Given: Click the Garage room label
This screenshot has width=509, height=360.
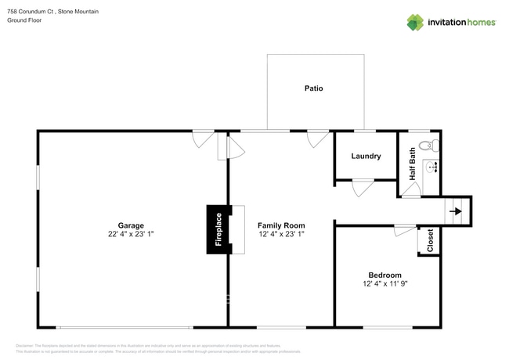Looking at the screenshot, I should [131, 225].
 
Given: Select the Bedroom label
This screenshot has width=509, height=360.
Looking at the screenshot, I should [384, 275].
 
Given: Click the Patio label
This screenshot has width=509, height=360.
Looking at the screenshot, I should [313, 88].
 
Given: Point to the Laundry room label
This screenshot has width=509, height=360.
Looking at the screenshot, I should [366, 157].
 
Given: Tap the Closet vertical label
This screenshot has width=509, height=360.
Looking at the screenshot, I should [430, 241].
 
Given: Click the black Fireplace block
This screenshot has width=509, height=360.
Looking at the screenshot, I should [218, 229].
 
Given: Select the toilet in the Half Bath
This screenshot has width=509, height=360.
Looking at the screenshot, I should [428, 146].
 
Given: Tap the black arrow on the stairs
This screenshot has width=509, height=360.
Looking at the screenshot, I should [457, 211].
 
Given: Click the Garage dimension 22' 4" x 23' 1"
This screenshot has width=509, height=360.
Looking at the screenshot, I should [131, 234].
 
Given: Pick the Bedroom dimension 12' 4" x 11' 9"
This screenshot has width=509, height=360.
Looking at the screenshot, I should [384, 283].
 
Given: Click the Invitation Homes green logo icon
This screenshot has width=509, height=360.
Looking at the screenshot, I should [415, 22].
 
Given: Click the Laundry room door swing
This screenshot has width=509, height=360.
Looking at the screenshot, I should [362, 188].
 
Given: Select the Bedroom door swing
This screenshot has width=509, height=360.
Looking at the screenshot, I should [405, 230].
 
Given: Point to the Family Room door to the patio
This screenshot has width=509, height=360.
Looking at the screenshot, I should [318, 139].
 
